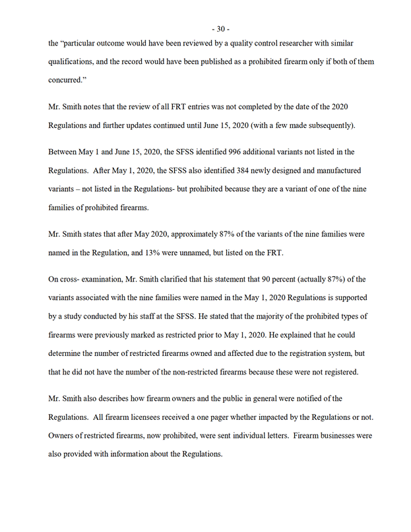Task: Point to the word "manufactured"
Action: (335, 171)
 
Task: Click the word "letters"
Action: (274, 437)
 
